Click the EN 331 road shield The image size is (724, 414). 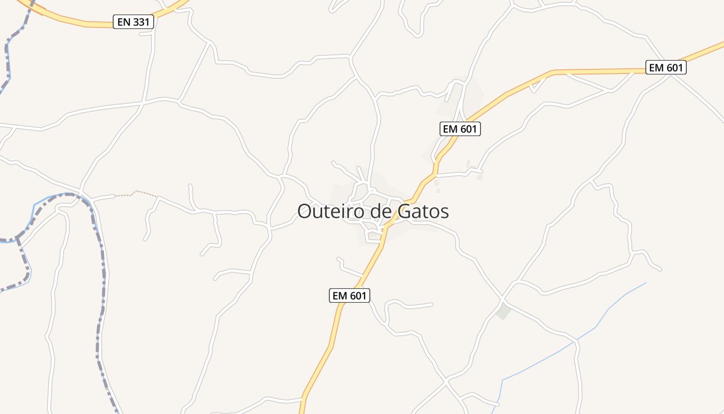[133, 22]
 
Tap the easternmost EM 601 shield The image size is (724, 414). [666, 67]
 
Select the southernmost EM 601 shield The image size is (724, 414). [350, 295]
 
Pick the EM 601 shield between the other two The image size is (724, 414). [460, 129]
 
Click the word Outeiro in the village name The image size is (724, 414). [329, 211]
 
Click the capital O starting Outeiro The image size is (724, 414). [306, 211]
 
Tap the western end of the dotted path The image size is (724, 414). [115, 196]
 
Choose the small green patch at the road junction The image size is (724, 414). [503, 312]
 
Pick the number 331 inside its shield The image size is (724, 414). [141, 22]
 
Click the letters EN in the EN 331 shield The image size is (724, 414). [124, 22]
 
